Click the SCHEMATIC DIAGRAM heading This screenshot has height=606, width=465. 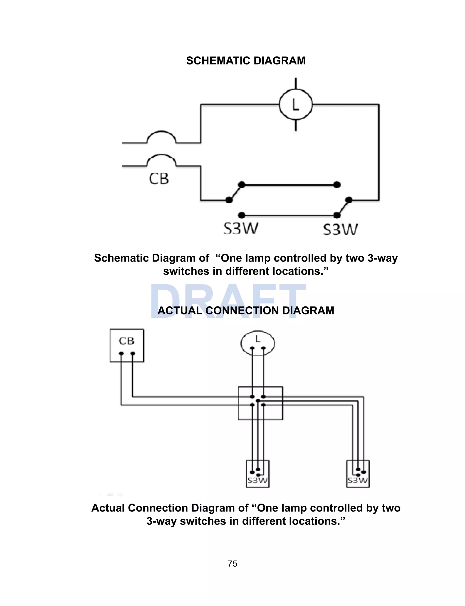246,61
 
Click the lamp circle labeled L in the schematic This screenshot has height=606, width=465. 296,105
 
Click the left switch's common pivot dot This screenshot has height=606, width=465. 229,200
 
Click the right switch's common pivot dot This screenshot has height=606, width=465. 349,200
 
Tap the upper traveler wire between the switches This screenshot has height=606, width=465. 289,185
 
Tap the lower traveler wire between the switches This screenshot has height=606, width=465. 289,215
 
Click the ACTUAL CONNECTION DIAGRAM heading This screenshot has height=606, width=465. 246,310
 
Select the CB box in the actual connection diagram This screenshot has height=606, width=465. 127,345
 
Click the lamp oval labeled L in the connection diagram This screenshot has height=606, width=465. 257,343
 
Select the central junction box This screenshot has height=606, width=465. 260,403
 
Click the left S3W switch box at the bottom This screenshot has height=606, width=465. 258,473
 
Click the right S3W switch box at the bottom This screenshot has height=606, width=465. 358,473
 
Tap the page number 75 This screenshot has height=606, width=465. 232,564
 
